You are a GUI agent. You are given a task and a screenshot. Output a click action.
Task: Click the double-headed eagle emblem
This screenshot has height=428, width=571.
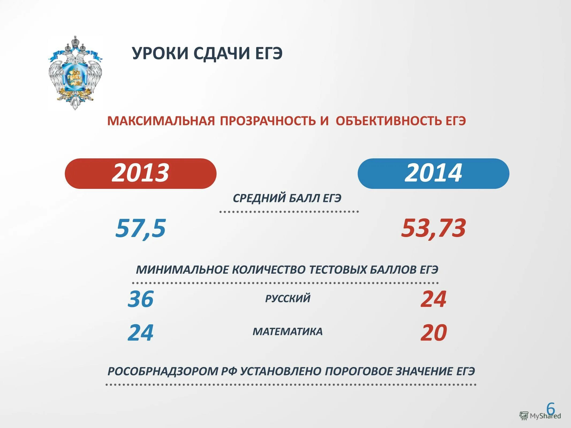tap(75, 73)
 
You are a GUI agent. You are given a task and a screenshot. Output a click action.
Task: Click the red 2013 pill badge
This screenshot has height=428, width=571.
tap(140, 173)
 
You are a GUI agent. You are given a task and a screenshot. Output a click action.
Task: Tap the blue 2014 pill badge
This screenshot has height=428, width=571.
tap(433, 173)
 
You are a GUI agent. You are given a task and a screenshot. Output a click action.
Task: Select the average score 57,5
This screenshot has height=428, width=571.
tap(141, 228)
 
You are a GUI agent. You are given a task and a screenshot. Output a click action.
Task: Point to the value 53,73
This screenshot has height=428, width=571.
tap(433, 228)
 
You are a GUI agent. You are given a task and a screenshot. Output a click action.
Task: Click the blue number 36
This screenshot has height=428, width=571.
tap(141, 299)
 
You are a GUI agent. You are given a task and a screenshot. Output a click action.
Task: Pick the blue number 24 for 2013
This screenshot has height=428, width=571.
tap(141, 333)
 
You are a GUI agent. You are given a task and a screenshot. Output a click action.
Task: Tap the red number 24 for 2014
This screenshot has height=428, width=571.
tap(433, 299)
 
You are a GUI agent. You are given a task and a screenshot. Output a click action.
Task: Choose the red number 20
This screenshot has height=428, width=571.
tap(433, 333)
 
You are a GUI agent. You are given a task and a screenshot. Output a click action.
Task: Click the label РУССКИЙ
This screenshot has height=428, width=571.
tap(288, 298)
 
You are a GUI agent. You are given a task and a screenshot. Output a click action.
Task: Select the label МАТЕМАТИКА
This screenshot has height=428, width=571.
tap(288, 332)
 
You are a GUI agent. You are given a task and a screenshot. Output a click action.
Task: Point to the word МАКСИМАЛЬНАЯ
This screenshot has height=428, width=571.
tap(161, 121)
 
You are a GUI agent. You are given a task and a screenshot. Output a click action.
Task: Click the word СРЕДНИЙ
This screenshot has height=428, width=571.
tap(259, 198)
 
